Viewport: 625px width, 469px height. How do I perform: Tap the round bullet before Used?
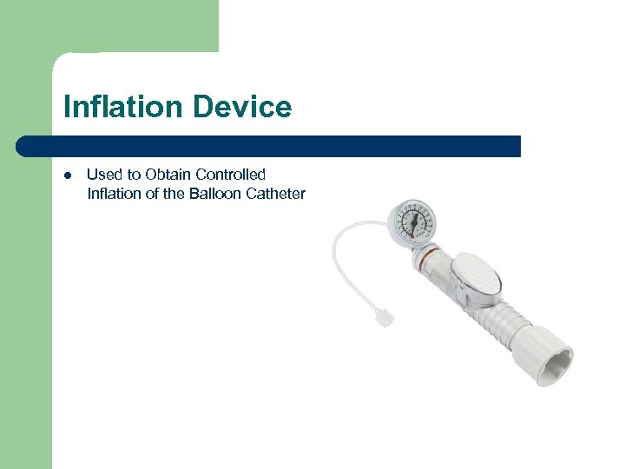pos(67,175)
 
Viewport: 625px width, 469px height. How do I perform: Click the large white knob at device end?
pos(556,353)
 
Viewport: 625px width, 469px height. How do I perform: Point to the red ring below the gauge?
pos(425,257)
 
